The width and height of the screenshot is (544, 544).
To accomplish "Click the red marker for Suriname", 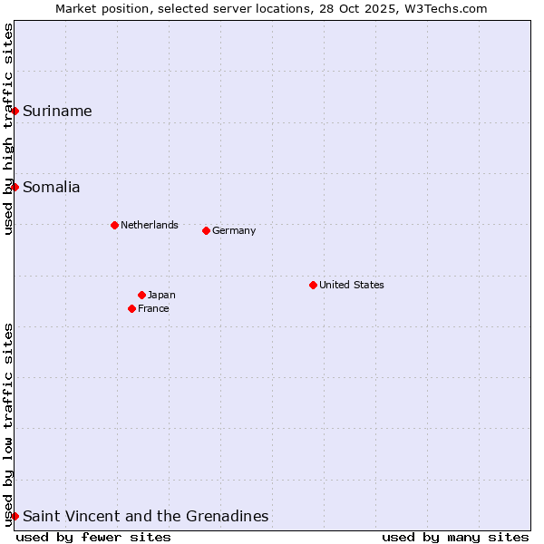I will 15,111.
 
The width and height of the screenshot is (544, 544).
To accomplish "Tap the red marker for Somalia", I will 15,187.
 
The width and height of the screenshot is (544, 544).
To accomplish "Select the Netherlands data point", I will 114,225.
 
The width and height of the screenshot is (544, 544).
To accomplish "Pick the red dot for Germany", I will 206,230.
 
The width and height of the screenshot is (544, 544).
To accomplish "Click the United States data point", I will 313,285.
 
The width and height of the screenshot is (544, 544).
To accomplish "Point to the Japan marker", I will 141,295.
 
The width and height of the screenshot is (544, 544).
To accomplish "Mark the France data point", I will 131,308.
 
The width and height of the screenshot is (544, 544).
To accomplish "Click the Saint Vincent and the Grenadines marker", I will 15,516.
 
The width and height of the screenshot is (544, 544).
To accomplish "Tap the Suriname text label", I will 57,112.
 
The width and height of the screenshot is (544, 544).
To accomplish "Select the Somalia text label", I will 52,188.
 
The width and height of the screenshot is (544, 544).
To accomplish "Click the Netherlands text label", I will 150,225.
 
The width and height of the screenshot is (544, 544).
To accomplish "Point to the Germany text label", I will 234,230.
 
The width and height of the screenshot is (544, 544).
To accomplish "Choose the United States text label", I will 352,285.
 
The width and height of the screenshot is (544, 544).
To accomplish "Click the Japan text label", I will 161,295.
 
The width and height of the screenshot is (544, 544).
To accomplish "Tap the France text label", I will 153,308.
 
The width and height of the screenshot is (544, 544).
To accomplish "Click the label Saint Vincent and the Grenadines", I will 145,517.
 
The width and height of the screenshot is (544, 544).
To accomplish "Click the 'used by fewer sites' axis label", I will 93,537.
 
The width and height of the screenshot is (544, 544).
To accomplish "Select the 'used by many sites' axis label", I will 455,537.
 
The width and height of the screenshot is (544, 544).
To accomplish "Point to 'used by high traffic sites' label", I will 8,129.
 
